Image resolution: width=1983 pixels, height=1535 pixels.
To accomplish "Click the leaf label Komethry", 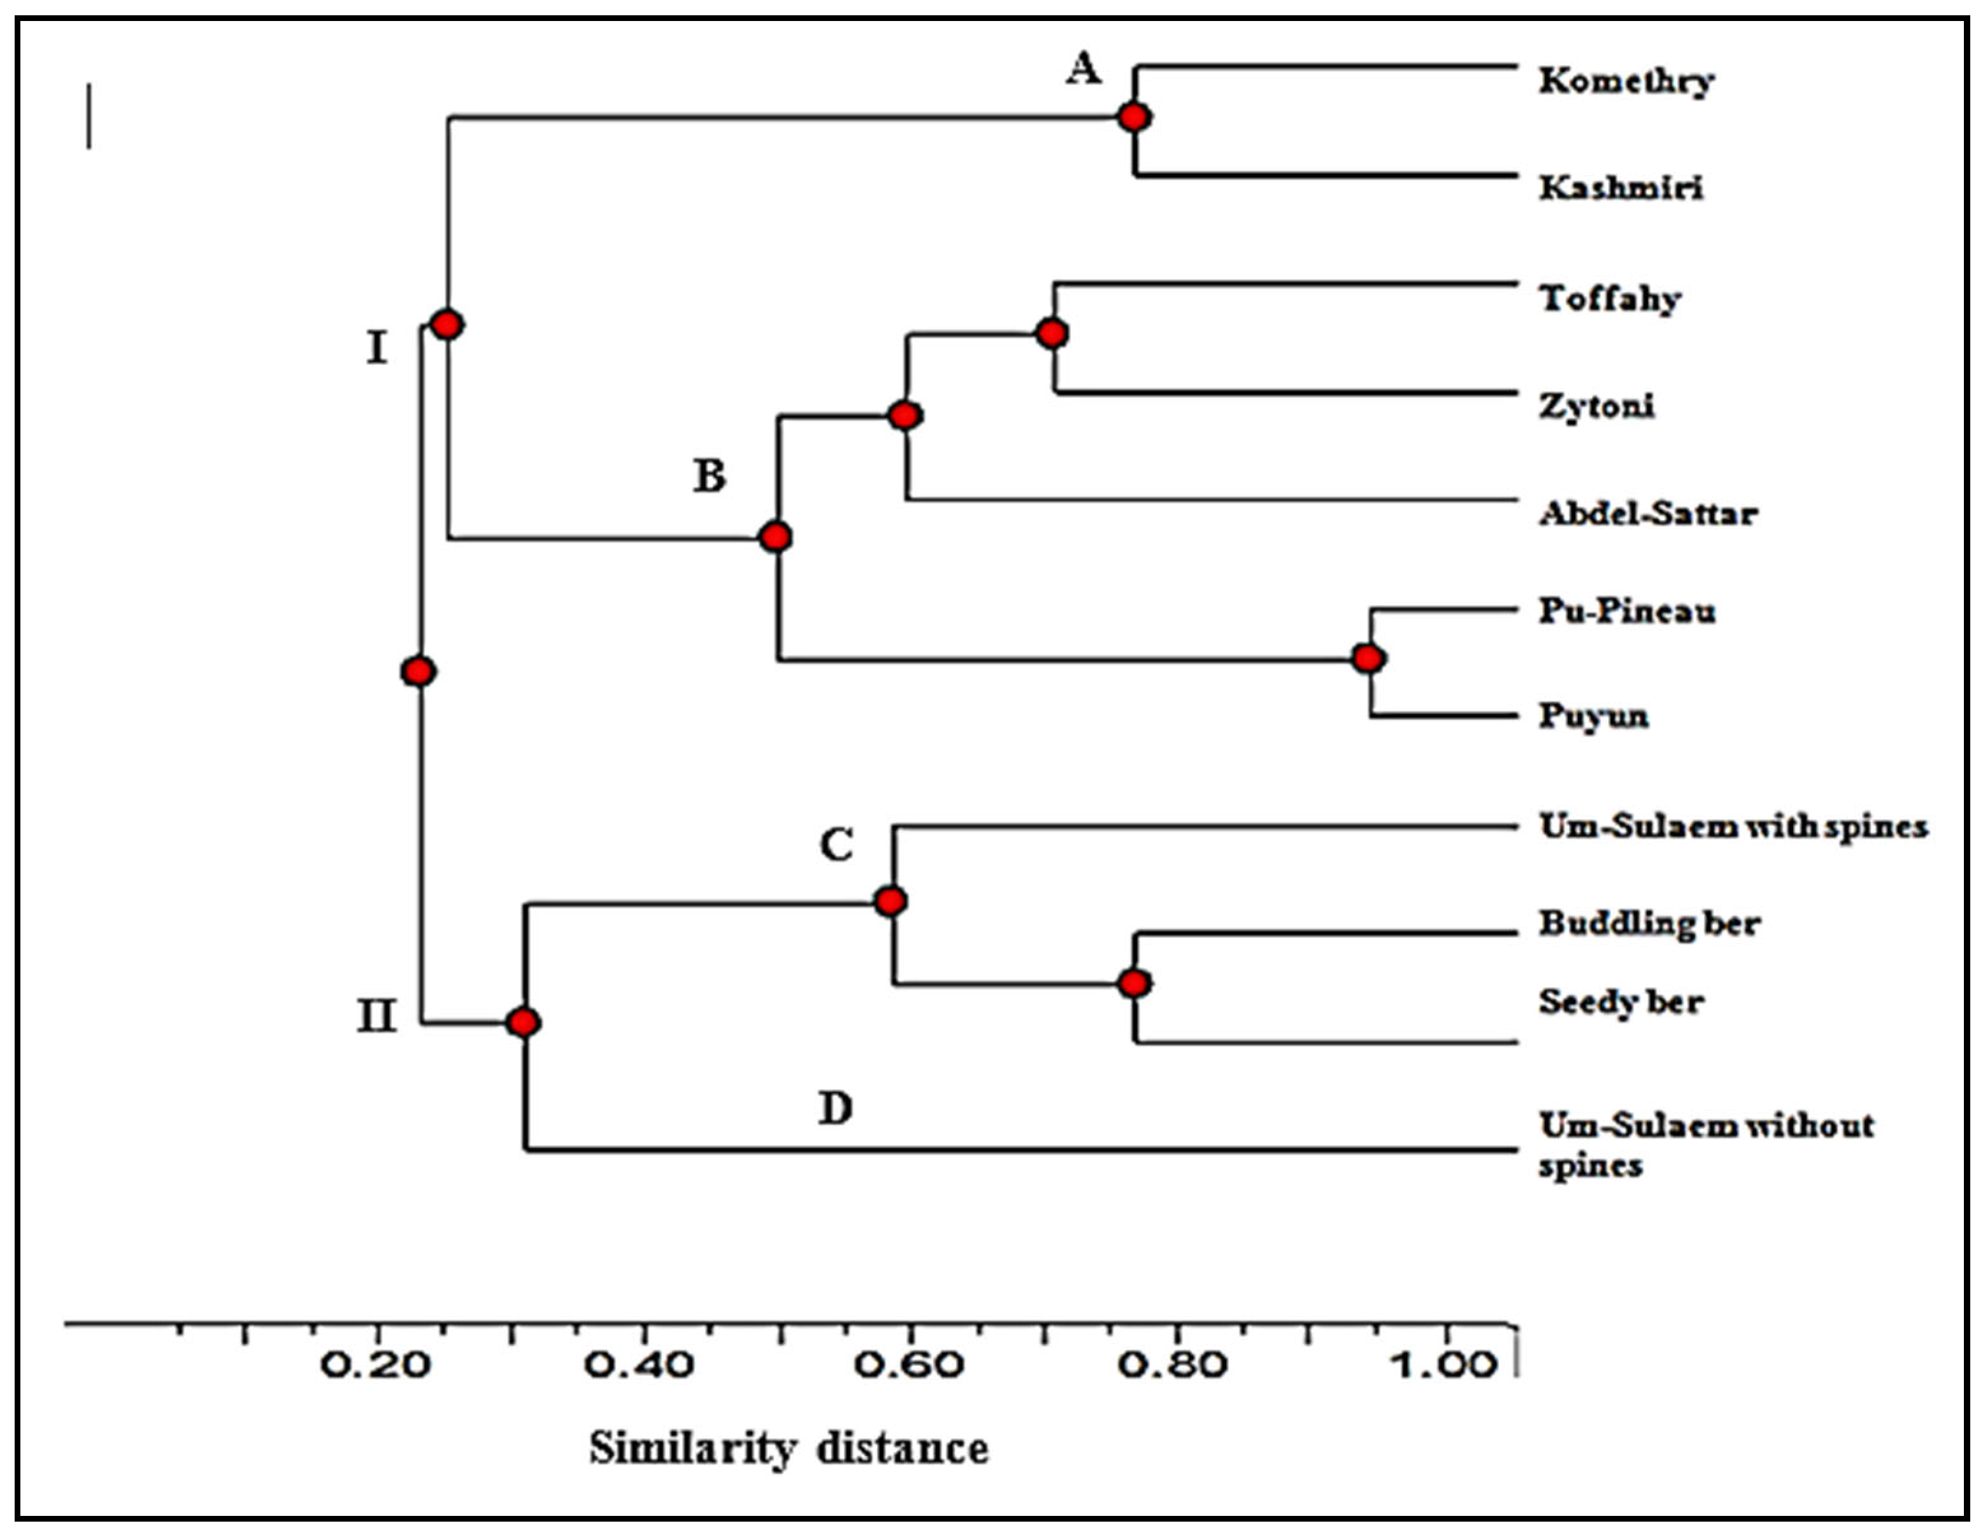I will (x=1625, y=81).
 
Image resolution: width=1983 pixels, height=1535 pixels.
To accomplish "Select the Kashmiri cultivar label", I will (x=1621, y=188).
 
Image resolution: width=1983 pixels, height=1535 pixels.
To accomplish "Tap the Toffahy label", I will (x=1610, y=299).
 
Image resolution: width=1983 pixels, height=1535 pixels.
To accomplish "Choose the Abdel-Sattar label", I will (x=1648, y=514).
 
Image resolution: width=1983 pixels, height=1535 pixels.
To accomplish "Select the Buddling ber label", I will (x=1649, y=923).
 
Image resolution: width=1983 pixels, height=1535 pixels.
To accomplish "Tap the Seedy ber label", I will (x=1621, y=1002).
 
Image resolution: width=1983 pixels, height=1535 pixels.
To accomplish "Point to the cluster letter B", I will (x=709, y=476).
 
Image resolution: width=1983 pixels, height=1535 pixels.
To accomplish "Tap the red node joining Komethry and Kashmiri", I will (x=1134, y=117).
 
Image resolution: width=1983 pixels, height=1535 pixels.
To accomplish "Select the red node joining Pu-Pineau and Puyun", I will (x=1368, y=658).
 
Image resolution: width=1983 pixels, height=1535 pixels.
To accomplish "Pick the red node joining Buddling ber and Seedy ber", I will (x=1134, y=983).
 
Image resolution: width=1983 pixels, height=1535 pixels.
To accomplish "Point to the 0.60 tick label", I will (x=909, y=1364).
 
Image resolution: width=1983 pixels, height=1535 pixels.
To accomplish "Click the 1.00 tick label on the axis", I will (x=1443, y=1364).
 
